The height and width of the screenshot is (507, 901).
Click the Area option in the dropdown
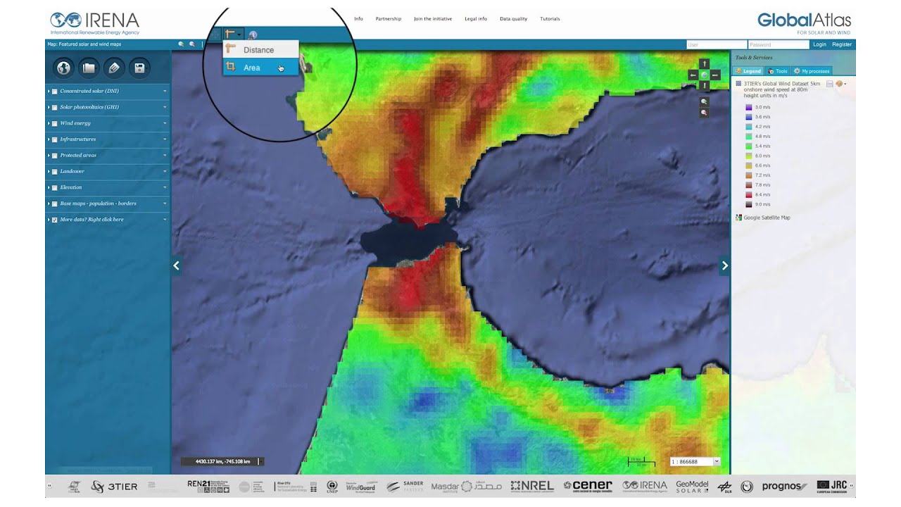252,68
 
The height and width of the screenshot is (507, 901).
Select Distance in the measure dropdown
258,50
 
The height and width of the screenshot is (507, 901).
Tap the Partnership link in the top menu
388,19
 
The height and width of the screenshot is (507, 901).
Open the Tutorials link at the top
550,19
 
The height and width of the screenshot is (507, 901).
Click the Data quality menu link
513,19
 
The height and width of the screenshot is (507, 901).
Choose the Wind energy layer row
75,123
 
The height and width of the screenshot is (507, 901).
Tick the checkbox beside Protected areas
54,156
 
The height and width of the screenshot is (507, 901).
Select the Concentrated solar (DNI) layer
89,91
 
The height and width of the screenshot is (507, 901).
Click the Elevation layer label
70,187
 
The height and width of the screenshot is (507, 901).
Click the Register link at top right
842,44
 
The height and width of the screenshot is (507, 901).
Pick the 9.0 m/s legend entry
762,204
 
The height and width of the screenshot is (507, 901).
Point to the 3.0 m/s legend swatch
749,107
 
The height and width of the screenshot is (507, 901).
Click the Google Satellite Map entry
767,218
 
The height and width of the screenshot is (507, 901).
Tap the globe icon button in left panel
64,68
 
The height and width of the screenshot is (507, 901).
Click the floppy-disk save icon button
139,68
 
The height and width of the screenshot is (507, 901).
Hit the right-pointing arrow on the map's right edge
724,265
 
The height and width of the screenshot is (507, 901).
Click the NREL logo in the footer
532,486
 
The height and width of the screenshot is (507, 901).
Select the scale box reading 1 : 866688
692,461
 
